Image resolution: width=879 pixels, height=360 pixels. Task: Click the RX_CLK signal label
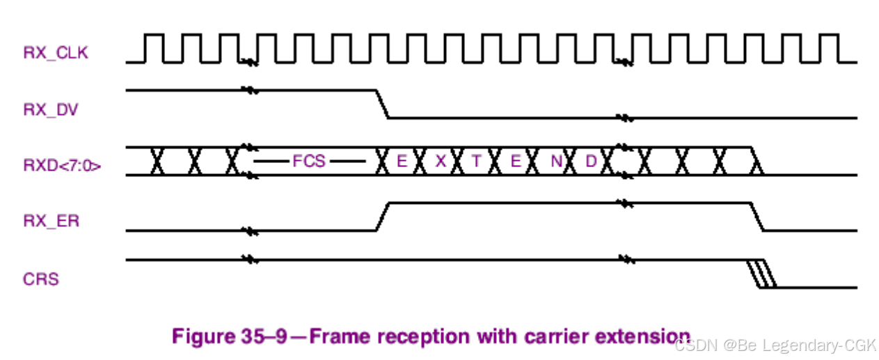56,53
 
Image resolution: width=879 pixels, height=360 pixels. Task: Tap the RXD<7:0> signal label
63,166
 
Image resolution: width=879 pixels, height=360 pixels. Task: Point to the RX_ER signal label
52,222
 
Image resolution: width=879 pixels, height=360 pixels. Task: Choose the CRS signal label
41,279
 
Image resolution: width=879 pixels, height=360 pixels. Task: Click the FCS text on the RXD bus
309,161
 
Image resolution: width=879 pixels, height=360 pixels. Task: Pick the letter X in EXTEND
440,161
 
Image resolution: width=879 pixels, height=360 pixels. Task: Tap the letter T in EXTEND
477,161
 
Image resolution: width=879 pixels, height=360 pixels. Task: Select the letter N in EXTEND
556,161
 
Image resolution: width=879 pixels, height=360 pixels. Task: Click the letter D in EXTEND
591,161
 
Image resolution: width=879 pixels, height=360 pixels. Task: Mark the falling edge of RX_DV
382,104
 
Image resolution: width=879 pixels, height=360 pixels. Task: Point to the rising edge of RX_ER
382,216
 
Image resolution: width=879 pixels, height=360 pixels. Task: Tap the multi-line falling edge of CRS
761,274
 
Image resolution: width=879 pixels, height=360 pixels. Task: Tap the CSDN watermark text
696,345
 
